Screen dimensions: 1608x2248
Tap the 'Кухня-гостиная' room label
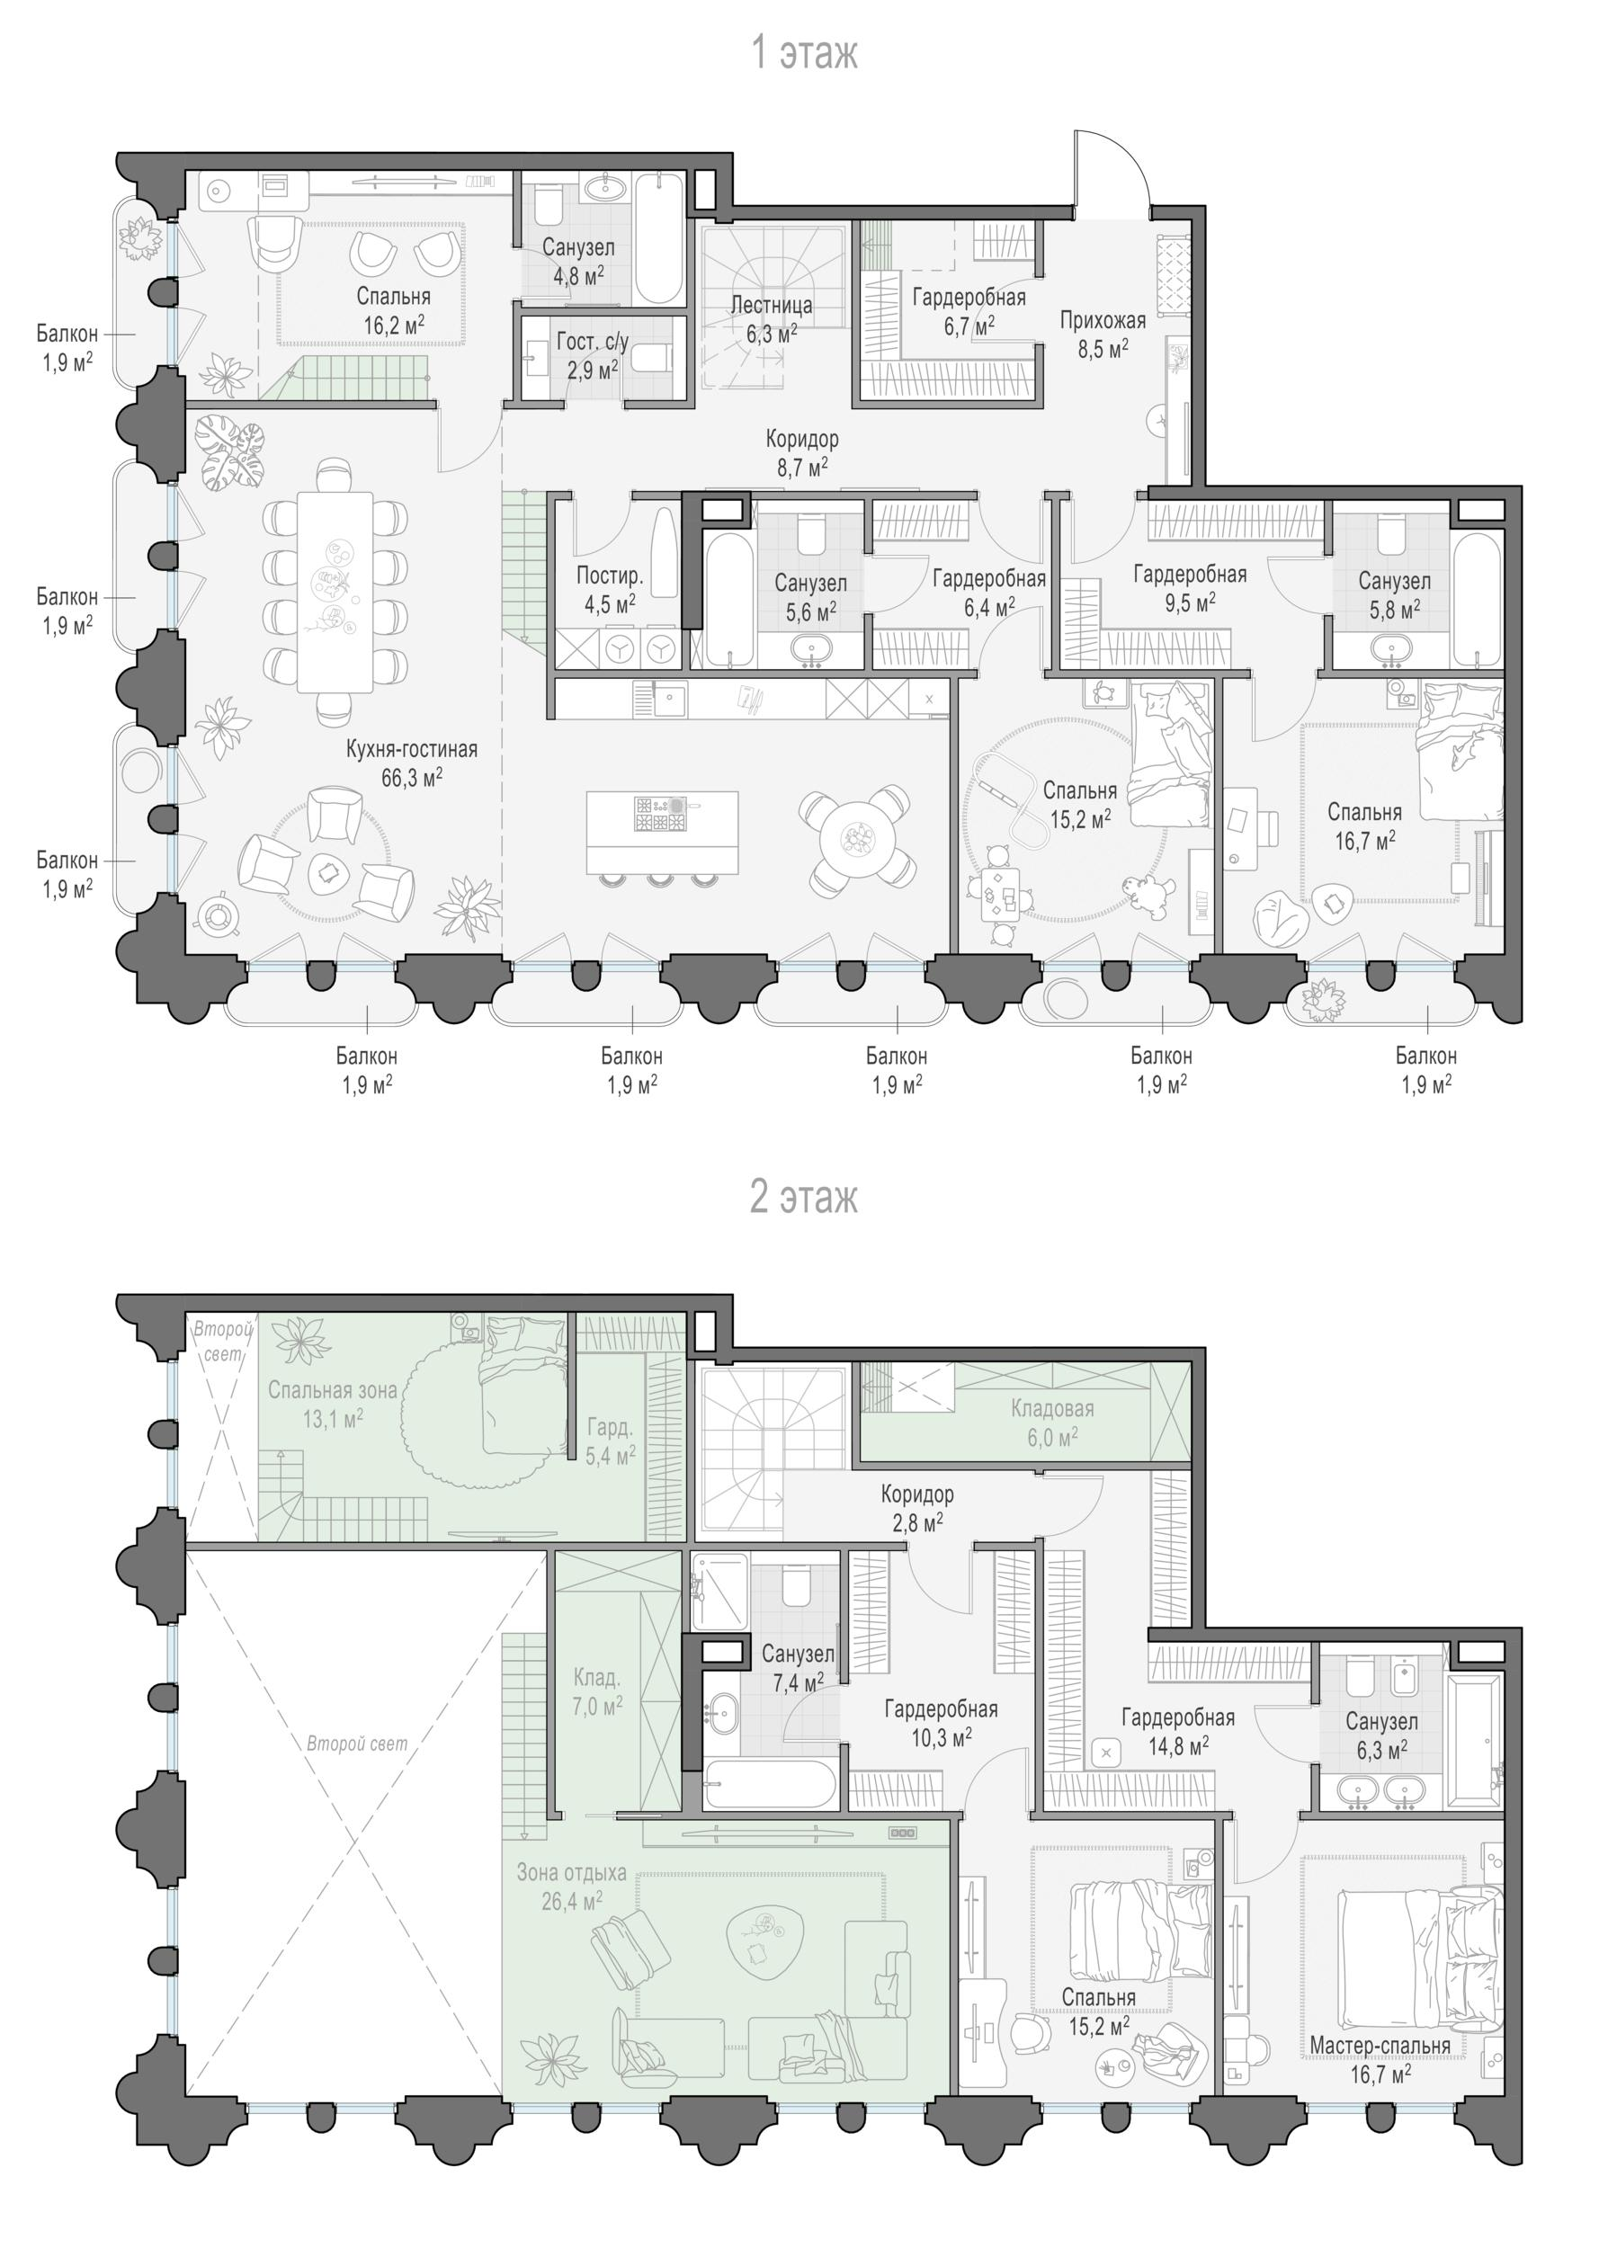click(412, 749)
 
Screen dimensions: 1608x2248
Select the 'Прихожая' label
click(1102, 320)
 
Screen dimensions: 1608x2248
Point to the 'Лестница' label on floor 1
click(772, 305)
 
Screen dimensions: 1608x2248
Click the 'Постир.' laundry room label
click(610, 575)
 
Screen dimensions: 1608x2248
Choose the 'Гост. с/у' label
click(593, 343)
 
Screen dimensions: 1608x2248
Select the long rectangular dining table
click(335, 592)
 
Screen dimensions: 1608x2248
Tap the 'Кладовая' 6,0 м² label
click(1051, 1408)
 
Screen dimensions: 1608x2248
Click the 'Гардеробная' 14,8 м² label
click(1178, 1717)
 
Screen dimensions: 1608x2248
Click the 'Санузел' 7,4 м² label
click(798, 1654)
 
